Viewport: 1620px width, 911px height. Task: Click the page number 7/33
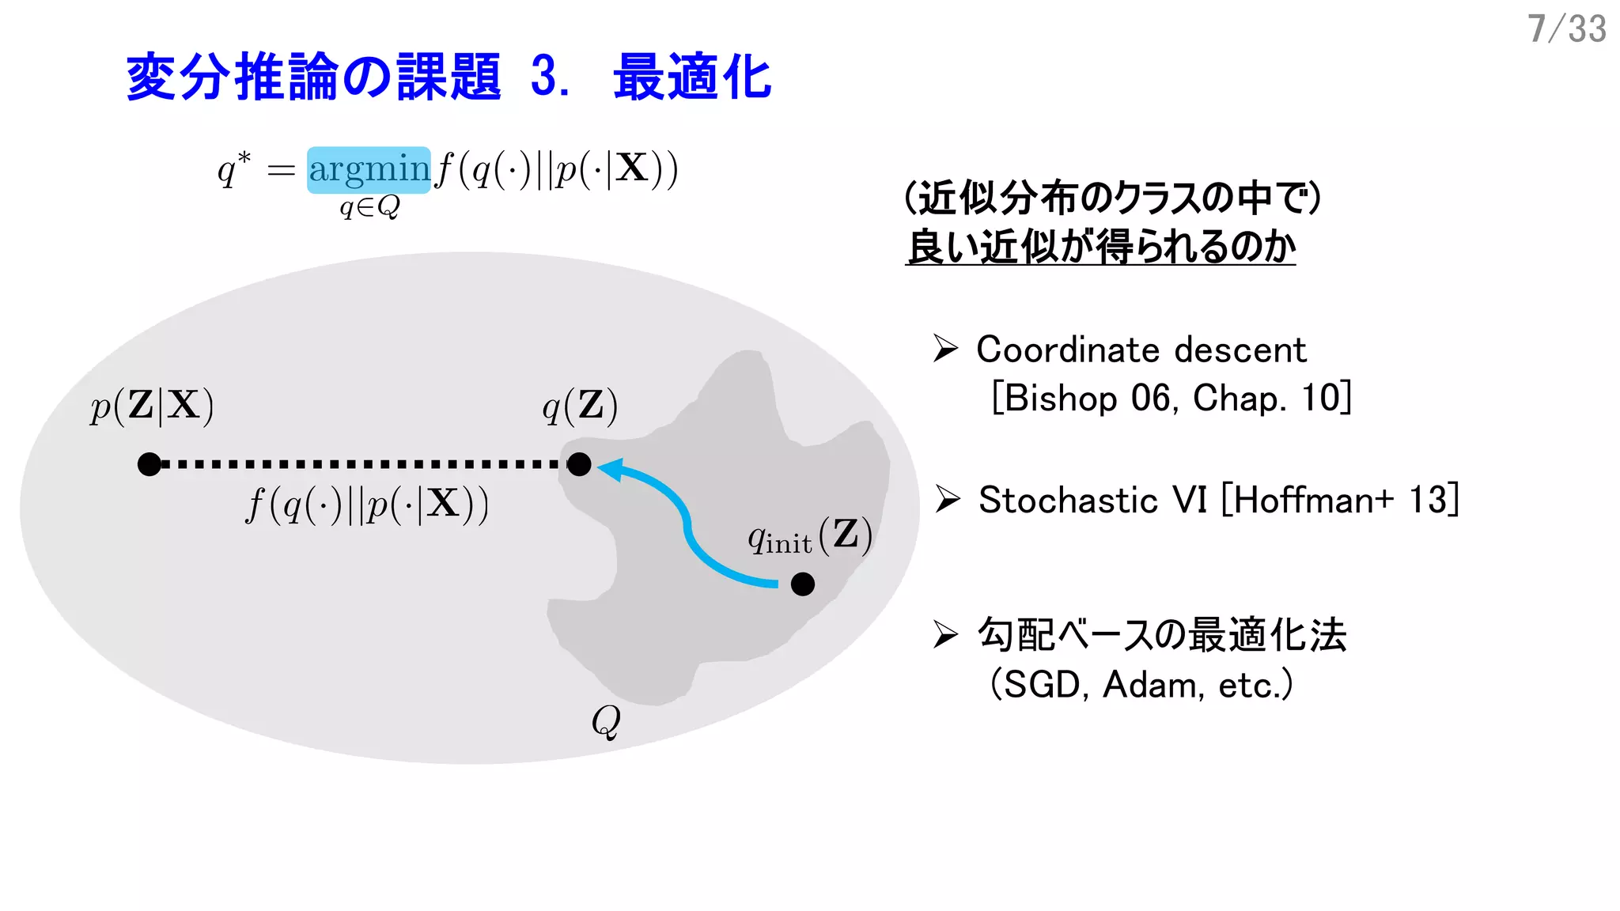(x=1566, y=29)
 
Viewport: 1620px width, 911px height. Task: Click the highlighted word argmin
(x=369, y=169)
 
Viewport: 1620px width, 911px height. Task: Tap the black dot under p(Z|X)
(x=149, y=464)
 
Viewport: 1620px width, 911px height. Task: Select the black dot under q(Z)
(x=579, y=464)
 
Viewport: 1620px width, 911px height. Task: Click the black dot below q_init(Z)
(x=802, y=584)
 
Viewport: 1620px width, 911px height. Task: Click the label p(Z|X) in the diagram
(x=152, y=406)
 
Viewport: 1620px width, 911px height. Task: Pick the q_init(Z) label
(x=810, y=536)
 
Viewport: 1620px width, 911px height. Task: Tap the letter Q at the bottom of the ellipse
(x=606, y=720)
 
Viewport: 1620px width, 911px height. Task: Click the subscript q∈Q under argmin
(x=369, y=207)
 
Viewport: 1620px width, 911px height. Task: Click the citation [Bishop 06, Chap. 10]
(x=1171, y=398)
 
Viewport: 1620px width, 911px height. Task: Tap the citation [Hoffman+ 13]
(x=1340, y=500)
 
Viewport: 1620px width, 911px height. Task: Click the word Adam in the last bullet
(x=1152, y=685)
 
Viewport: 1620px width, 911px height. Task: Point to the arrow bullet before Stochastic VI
(x=947, y=499)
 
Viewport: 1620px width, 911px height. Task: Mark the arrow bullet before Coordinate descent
(x=945, y=348)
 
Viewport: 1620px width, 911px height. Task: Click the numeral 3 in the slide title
(x=544, y=77)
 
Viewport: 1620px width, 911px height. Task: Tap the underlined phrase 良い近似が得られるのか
(x=1100, y=247)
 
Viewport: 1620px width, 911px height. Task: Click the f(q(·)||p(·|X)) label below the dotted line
(x=367, y=505)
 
